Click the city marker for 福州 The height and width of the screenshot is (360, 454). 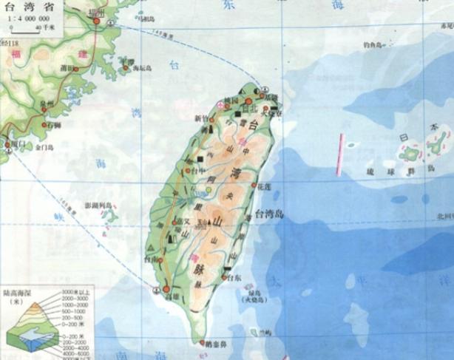97,22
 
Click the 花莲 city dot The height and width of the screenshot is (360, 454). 254,185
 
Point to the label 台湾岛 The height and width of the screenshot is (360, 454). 270,214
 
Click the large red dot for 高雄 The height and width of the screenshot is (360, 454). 167,288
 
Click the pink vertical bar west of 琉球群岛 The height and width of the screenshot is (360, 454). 339,154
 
